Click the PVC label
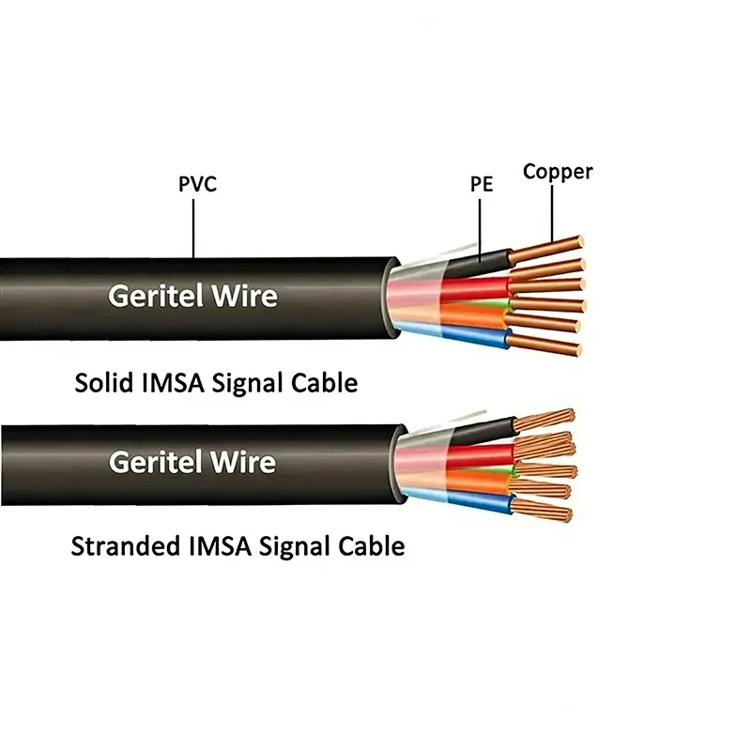coord(197,184)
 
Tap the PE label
coord(482,185)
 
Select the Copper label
coord(558,172)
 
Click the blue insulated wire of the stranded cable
coord(479,502)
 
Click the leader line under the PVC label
coord(194,225)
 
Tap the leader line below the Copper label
coord(553,211)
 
